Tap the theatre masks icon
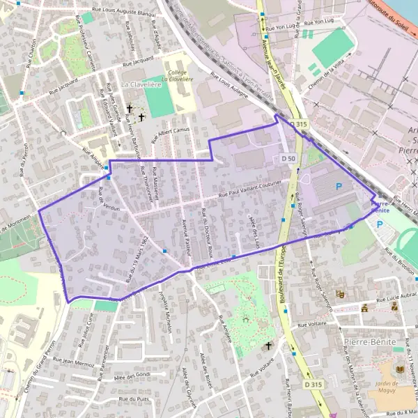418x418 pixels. (340, 295)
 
